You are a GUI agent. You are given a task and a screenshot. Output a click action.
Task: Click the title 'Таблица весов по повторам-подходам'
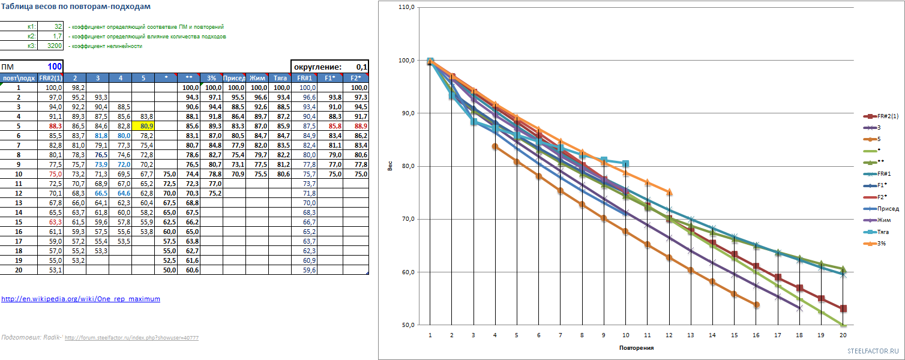[x=76, y=7]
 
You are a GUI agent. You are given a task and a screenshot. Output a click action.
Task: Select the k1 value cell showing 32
[x=51, y=27]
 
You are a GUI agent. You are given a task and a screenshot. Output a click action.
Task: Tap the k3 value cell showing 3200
[x=51, y=46]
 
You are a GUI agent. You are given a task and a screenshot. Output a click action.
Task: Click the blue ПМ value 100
[x=55, y=67]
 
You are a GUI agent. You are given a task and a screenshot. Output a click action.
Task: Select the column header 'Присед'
[x=233, y=78]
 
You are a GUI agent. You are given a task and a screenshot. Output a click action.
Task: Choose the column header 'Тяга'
[x=280, y=78]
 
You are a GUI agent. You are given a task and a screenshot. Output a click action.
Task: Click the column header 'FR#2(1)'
[x=50, y=78]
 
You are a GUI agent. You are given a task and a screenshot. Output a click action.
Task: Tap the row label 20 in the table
[x=19, y=271]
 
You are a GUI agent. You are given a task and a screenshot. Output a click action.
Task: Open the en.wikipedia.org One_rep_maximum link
[x=80, y=298]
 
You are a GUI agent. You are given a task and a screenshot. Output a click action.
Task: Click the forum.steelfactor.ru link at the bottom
[x=131, y=338]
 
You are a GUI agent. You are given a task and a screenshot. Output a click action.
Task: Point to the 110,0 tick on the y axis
[x=406, y=7]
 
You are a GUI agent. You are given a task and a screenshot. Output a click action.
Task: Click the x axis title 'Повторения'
[x=636, y=347]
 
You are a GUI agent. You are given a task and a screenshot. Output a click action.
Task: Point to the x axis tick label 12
[x=669, y=335]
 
